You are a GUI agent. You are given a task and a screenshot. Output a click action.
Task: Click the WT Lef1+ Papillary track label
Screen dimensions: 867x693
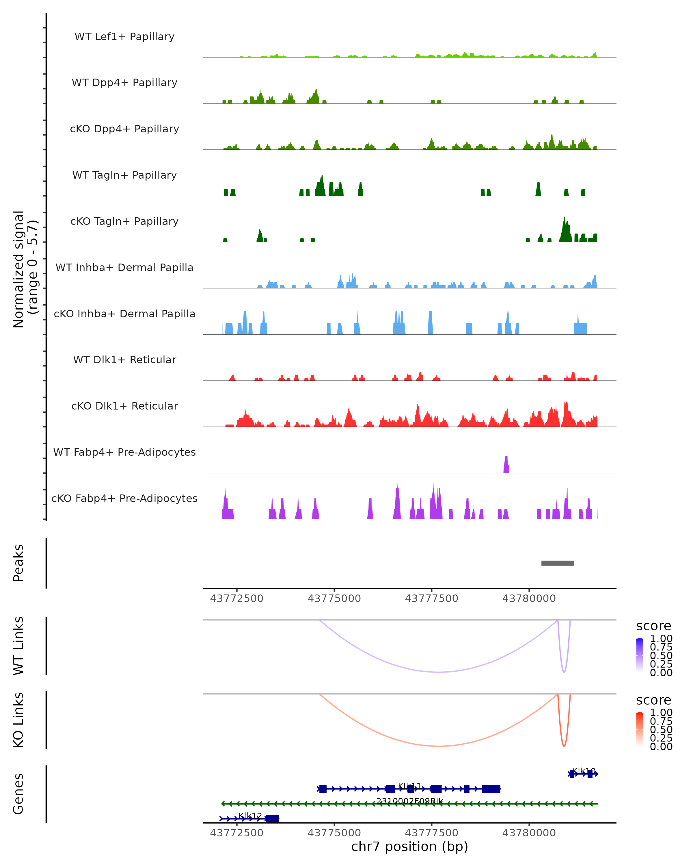124,37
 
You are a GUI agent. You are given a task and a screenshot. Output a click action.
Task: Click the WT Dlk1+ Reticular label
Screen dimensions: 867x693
124,360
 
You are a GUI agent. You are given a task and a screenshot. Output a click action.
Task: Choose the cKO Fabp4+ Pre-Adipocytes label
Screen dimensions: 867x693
124,498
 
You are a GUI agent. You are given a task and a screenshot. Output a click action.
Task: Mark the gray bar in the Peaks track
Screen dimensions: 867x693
558,563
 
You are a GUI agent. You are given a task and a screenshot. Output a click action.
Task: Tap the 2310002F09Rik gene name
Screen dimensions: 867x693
409,801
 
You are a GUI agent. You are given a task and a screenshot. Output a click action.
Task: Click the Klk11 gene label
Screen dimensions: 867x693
409,786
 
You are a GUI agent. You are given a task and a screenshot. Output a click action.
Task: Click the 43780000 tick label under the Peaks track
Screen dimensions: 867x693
529,599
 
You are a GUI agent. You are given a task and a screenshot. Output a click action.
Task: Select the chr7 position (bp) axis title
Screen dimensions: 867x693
409,846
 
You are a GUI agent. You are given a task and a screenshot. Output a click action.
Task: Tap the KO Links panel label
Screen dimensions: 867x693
18,720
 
